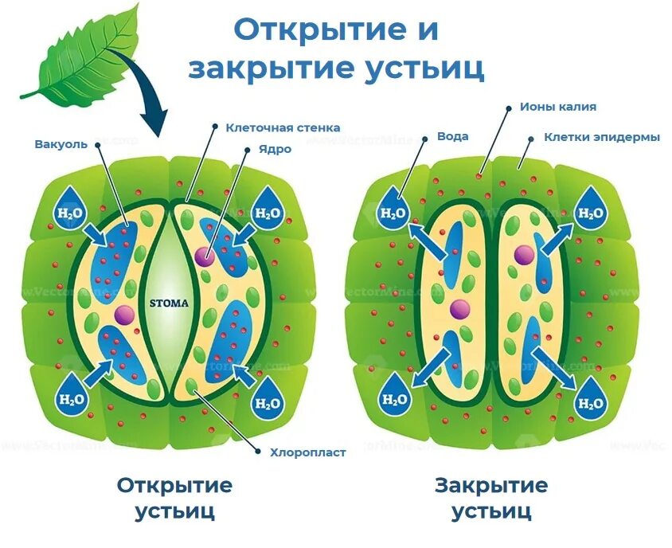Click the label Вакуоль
[x=62, y=144]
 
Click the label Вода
[x=452, y=136]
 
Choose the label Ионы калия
[x=557, y=106]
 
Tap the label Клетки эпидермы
[x=602, y=137]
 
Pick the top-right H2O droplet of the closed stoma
[x=590, y=209]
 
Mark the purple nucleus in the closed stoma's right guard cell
[x=524, y=255]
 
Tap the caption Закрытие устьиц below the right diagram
[x=491, y=497]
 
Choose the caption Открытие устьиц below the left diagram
[x=175, y=497]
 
